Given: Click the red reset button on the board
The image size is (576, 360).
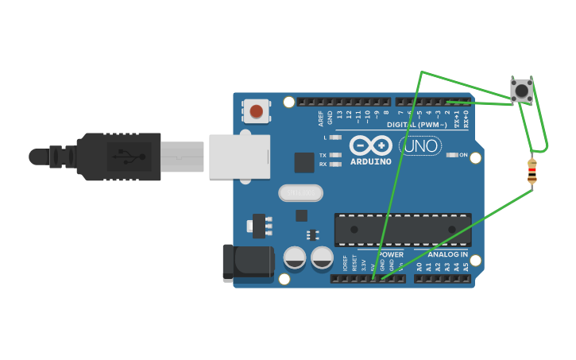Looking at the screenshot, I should tap(256, 111).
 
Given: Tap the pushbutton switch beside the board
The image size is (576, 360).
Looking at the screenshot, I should tap(522, 90).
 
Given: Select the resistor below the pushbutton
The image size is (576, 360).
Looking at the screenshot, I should tap(532, 171).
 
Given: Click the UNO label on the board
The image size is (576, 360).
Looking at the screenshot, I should tap(420, 146).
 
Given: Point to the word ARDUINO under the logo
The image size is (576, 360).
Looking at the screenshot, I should tap(371, 162).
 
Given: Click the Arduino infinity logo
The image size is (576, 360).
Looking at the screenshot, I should tap(371, 145).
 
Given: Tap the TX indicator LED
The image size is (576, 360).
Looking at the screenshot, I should tap(335, 155).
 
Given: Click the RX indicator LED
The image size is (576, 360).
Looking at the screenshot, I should tap(335, 165).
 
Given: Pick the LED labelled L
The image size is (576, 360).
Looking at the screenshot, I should tap(335, 137).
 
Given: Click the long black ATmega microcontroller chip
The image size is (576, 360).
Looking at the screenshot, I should tap(403, 229).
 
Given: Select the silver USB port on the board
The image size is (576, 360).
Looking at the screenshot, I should tap(239, 157).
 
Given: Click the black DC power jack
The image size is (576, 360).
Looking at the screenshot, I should tap(248, 263).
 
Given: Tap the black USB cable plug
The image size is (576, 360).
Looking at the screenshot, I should tap(119, 157).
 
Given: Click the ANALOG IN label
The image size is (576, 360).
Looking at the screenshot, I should tap(448, 254).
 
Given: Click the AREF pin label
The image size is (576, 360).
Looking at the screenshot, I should tap(321, 118).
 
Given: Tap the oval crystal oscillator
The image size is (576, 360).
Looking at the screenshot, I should tap(301, 192).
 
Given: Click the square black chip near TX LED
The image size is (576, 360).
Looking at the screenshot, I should tap(304, 162).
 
